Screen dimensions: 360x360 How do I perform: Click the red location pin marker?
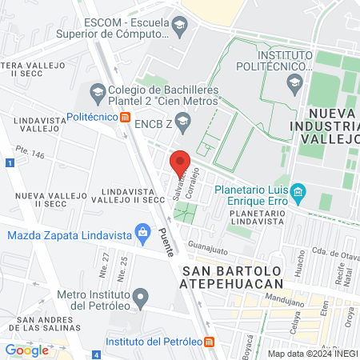click(x=181, y=163)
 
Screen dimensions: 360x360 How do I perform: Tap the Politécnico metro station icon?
click(x=125, y=118)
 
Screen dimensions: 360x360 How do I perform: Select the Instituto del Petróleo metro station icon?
click(x=210, y=342)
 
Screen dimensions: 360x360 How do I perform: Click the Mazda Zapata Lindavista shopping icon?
click(x=142, y=235)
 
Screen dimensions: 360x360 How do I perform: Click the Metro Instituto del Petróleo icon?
click(x=141, y=300)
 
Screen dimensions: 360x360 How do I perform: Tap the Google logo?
click(x=27, y=350)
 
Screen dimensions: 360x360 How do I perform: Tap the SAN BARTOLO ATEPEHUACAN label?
click(x=233, y=276)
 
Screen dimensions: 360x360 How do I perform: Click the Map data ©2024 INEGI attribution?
click(x=312, y=353)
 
